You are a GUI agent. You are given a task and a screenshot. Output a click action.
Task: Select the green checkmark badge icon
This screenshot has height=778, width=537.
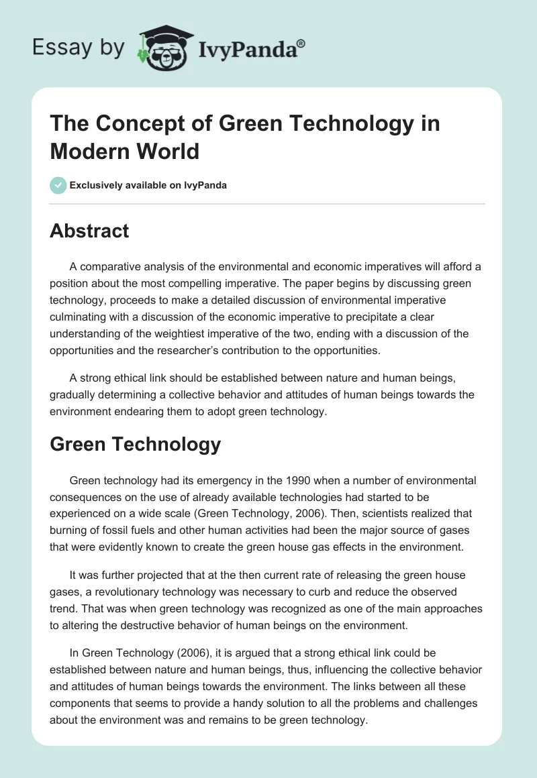[58, 185]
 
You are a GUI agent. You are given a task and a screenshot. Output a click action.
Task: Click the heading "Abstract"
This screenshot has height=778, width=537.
[89, 231]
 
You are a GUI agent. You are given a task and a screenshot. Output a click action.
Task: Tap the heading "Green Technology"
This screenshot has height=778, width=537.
[135, 444]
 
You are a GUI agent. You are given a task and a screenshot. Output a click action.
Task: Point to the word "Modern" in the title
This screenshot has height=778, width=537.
[87, 151]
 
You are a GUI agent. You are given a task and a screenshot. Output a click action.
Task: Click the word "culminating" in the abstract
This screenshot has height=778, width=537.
[80, 316]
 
